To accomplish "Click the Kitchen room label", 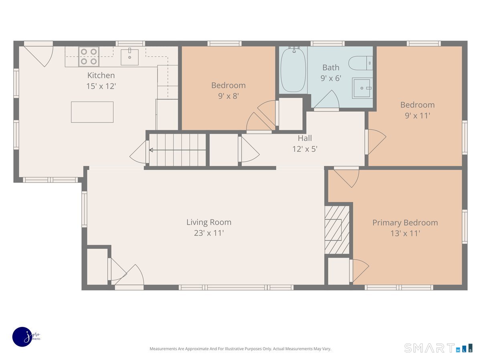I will tap(101, 75).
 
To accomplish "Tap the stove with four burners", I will tap(89, 56).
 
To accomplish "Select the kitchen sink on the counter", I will tap(129, 57).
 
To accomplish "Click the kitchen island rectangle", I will tap(92, 112).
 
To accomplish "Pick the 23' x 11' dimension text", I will tap(208, 233).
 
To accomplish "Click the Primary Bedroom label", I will tap(405, 223).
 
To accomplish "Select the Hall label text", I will tap(305, 138).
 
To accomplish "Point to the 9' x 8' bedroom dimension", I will tap(228, 96).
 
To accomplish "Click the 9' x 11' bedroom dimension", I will tap(417, 116).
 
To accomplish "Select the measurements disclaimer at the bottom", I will tap(240, 349).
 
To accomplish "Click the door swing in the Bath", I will tap(328, 100).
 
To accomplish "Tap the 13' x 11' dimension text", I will tap(405, 233).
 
